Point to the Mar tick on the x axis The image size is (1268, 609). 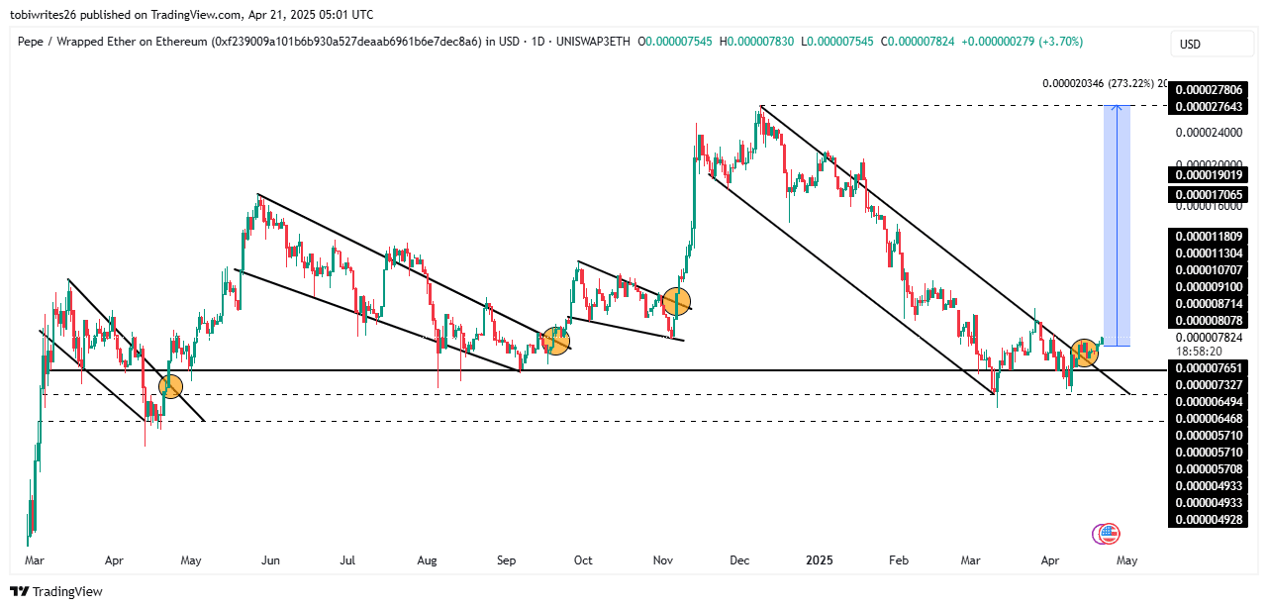[x=34, y=560]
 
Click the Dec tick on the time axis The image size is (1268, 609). [x=739, y=560]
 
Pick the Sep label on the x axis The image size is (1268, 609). [x=506, y=560]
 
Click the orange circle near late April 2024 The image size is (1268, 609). [x=170, y=387]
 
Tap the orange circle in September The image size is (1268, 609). [x=556, y=342]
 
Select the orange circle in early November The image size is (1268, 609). [x=676, y=301]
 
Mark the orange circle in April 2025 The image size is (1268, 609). [x=1085, y=352]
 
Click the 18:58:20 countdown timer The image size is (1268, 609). [x=1191, y=351]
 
